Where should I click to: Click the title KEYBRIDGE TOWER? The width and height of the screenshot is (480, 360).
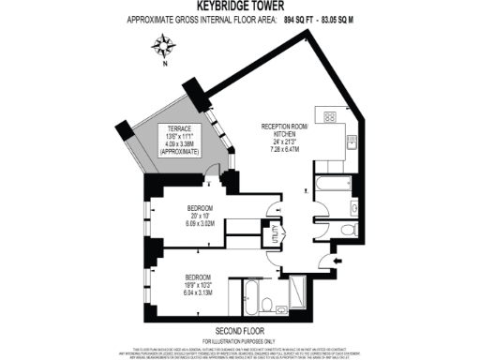pos(240,7)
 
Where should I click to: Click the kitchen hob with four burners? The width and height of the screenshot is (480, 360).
pos(331,117)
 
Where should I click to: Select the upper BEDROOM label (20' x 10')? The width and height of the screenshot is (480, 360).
pos(201,207)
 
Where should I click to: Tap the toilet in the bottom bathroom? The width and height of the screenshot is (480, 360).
pos(267,303)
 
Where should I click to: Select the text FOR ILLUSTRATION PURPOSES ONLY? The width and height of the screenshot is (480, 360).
pos(239,340)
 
